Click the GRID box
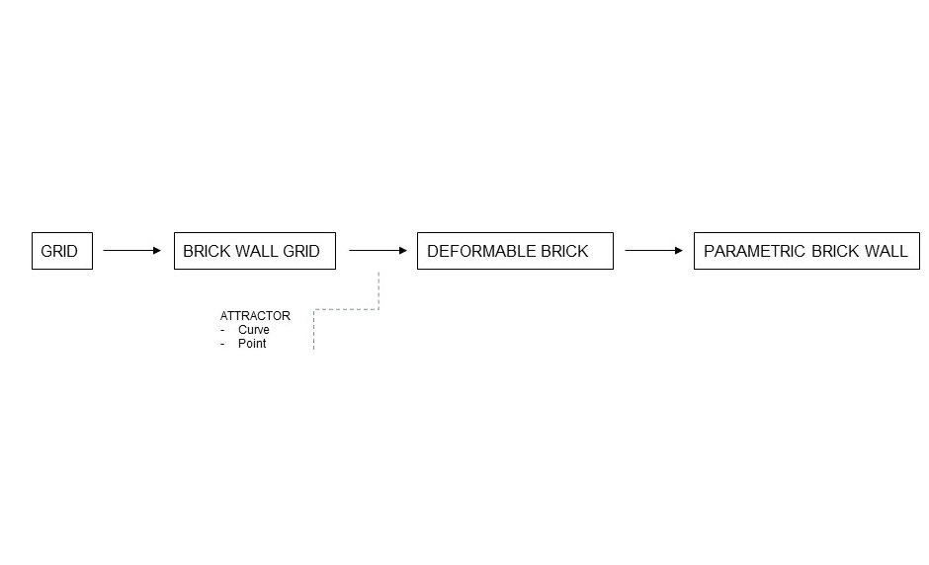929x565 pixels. pyautogui.click(x=61, y=251)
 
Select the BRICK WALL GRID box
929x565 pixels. pyautogui.click(x=254, y=251)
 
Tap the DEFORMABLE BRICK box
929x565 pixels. pyautogui.click(x=514, y=251)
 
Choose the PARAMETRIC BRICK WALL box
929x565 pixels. pyautogui.click(x=805, y=251)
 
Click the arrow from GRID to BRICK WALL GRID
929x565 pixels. pyautogui.click(x=130, y=251)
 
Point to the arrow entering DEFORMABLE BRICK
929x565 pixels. pyautogui.click(x=377, y=251)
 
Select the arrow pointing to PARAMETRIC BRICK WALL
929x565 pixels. pyautogui.click(x=652, y=251)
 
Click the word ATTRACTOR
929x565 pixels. pyautogui.click(x=255, y=316)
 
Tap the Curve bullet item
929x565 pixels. pyautogui.click(x=253, y=330)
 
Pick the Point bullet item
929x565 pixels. pyautogui.click(x=252, y=344)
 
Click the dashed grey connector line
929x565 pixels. pyautogui.click(x=346, y=309)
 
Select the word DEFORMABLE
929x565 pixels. pyautogui.click(x=479, y=251)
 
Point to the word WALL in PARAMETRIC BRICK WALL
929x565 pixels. pyautogui.click(x=887, y=251)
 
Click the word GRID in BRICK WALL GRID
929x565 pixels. pyautogui.click(x=301, y=251)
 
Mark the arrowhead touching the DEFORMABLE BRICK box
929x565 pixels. pyautogui.click(x=402, y=251)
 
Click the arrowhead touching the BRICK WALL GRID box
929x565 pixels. pyautogui.click(x=156, y=251)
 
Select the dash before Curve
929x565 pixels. pyautogui.click(x=223, y=330)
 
